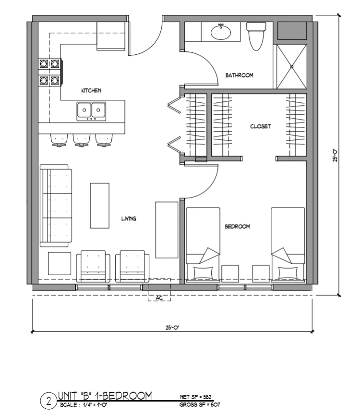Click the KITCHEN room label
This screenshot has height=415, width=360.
click(91, 90)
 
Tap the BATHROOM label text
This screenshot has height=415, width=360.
click(239, 75)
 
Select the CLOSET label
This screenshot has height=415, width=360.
click(261, 126)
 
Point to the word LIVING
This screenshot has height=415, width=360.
click(129, 219)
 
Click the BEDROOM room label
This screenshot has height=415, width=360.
click(238, 226)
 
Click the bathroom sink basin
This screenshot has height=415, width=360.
click(221, 33)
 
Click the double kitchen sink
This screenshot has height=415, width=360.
click(91, 110)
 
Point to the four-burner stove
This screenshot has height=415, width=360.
click(49, 72)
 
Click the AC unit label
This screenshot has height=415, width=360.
click(159, 298)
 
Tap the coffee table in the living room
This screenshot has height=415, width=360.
click(99, 205)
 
